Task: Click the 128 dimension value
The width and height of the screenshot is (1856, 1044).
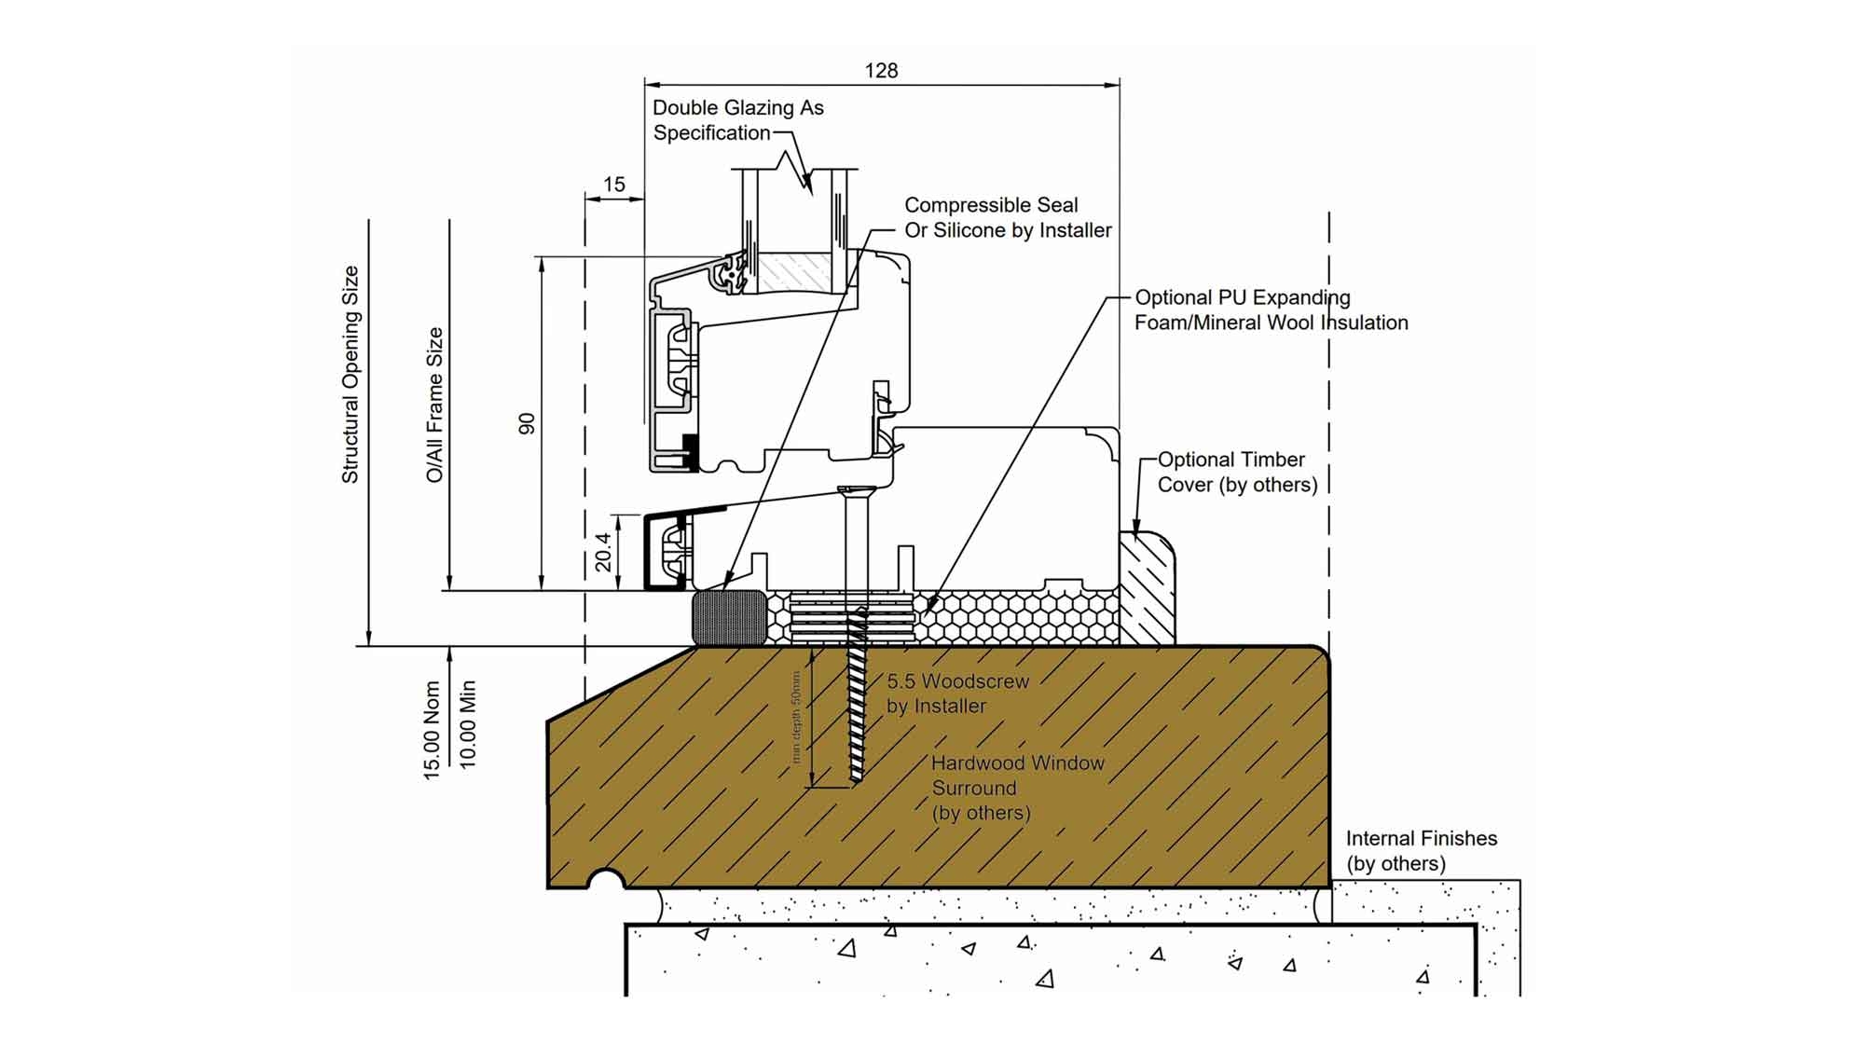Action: (x=881, y=71)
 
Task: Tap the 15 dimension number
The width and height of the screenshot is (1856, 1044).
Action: (x=613, y=185)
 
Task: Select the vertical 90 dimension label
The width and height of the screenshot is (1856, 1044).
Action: (x=527, y=424)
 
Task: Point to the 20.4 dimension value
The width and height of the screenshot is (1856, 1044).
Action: (x=603, y=552)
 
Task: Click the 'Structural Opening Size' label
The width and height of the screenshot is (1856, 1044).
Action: (x=351, y=375)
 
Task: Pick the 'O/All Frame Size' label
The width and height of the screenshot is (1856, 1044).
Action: (x=434, y=405)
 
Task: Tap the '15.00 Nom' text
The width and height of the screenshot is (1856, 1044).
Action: (x=432, y=730)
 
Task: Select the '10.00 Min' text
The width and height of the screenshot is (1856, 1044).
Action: (x=468, y=723)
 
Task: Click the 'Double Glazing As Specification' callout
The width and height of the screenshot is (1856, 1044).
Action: (x=737, y=120)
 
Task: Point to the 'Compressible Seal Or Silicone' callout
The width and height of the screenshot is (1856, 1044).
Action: (x=1008, y=217)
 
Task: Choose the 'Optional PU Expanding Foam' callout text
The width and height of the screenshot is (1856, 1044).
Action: (x=1271, y=309)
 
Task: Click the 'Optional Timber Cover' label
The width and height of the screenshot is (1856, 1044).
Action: (x=1237, y=472)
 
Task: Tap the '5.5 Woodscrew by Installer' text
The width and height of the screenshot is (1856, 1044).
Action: (x=944, y=694)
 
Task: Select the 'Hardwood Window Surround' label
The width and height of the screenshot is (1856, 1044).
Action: (x=1017, y=788)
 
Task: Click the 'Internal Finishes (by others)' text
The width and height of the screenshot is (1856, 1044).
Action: (x=1421, y=850)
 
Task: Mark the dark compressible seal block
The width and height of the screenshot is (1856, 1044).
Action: (x=729, y=617)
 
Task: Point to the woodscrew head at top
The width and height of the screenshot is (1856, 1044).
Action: (x=855, y=491)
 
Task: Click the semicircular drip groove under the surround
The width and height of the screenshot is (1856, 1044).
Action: (x=606, y=880)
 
